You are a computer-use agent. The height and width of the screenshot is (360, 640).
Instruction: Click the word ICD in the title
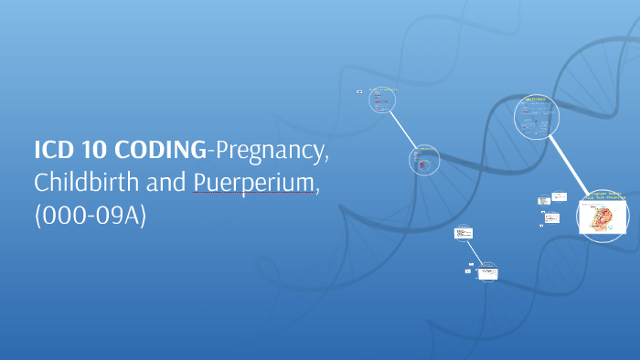(x=53, y=151)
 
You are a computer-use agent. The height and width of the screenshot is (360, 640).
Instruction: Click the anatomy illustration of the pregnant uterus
(x=603, y=219)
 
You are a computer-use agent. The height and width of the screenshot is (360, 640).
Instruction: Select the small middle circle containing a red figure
(x=424, y=160)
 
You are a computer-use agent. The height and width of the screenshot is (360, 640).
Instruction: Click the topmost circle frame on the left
(x=382, y=100)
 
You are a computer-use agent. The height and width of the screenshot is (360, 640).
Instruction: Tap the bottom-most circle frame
(x=489, y=271)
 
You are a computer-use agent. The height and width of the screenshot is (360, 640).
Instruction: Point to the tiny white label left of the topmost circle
(x=359, y=92)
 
